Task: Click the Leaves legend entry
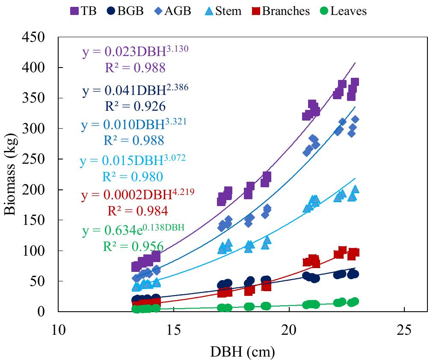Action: pyautogui.click(x=342, y=11)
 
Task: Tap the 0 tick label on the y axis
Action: pyautogui.click(x=40, y=312)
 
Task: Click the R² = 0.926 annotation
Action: pyautogui.click(x=135, y=106)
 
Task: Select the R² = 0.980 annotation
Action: pyautogui.click(x=133, y=177)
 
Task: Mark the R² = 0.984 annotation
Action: pyautogui.click(x=137, y=211)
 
